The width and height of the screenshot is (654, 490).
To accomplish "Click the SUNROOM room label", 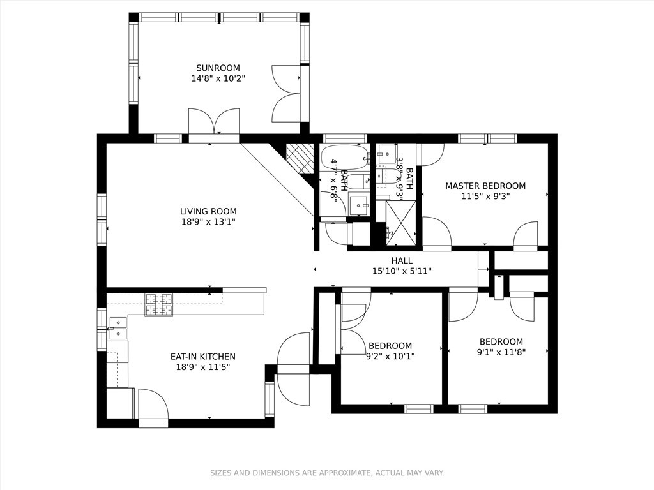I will [218, 68].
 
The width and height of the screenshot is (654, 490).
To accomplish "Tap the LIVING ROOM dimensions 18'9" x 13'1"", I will [208, 223].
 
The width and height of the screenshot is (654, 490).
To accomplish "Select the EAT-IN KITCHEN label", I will [202, 357].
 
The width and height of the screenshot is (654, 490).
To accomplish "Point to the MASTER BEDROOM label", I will [485, 186].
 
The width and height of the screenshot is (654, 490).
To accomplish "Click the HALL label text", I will [402, 260].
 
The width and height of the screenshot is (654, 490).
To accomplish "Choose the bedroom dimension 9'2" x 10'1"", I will [390, 357].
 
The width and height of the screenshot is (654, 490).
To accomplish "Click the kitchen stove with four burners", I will [159, 305].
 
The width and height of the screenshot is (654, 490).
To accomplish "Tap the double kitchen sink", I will [118, 328].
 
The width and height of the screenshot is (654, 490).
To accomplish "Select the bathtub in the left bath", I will [344, 157].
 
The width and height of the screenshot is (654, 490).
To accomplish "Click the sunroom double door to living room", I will [214, 122].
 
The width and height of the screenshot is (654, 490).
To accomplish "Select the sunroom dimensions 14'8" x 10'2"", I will [218, 79].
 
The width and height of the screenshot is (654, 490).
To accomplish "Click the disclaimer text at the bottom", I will [327, 473].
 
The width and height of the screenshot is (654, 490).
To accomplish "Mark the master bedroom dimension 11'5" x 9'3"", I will [485, 197].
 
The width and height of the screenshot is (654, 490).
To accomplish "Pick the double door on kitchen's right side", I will [293, 369].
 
